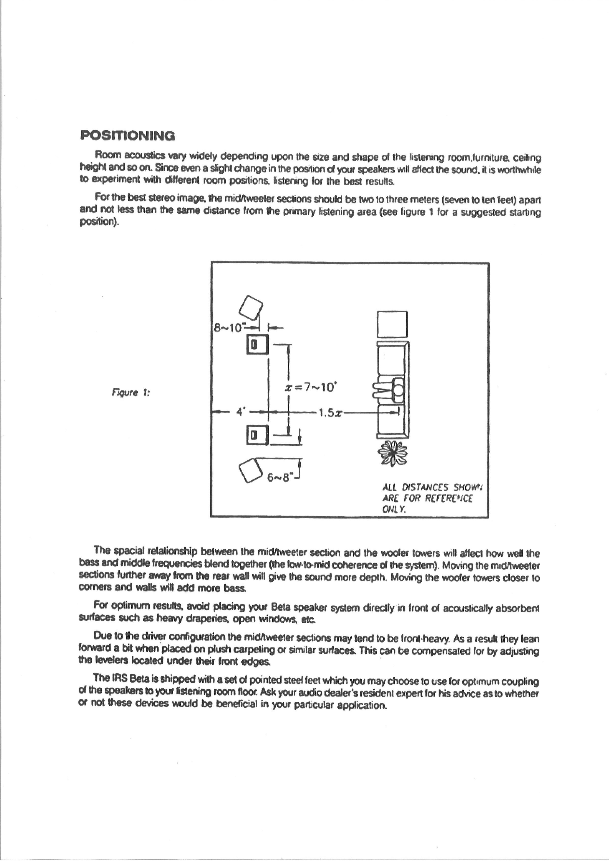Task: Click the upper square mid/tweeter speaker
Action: tap(257, 345)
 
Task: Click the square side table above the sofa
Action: tap(392, 324)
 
